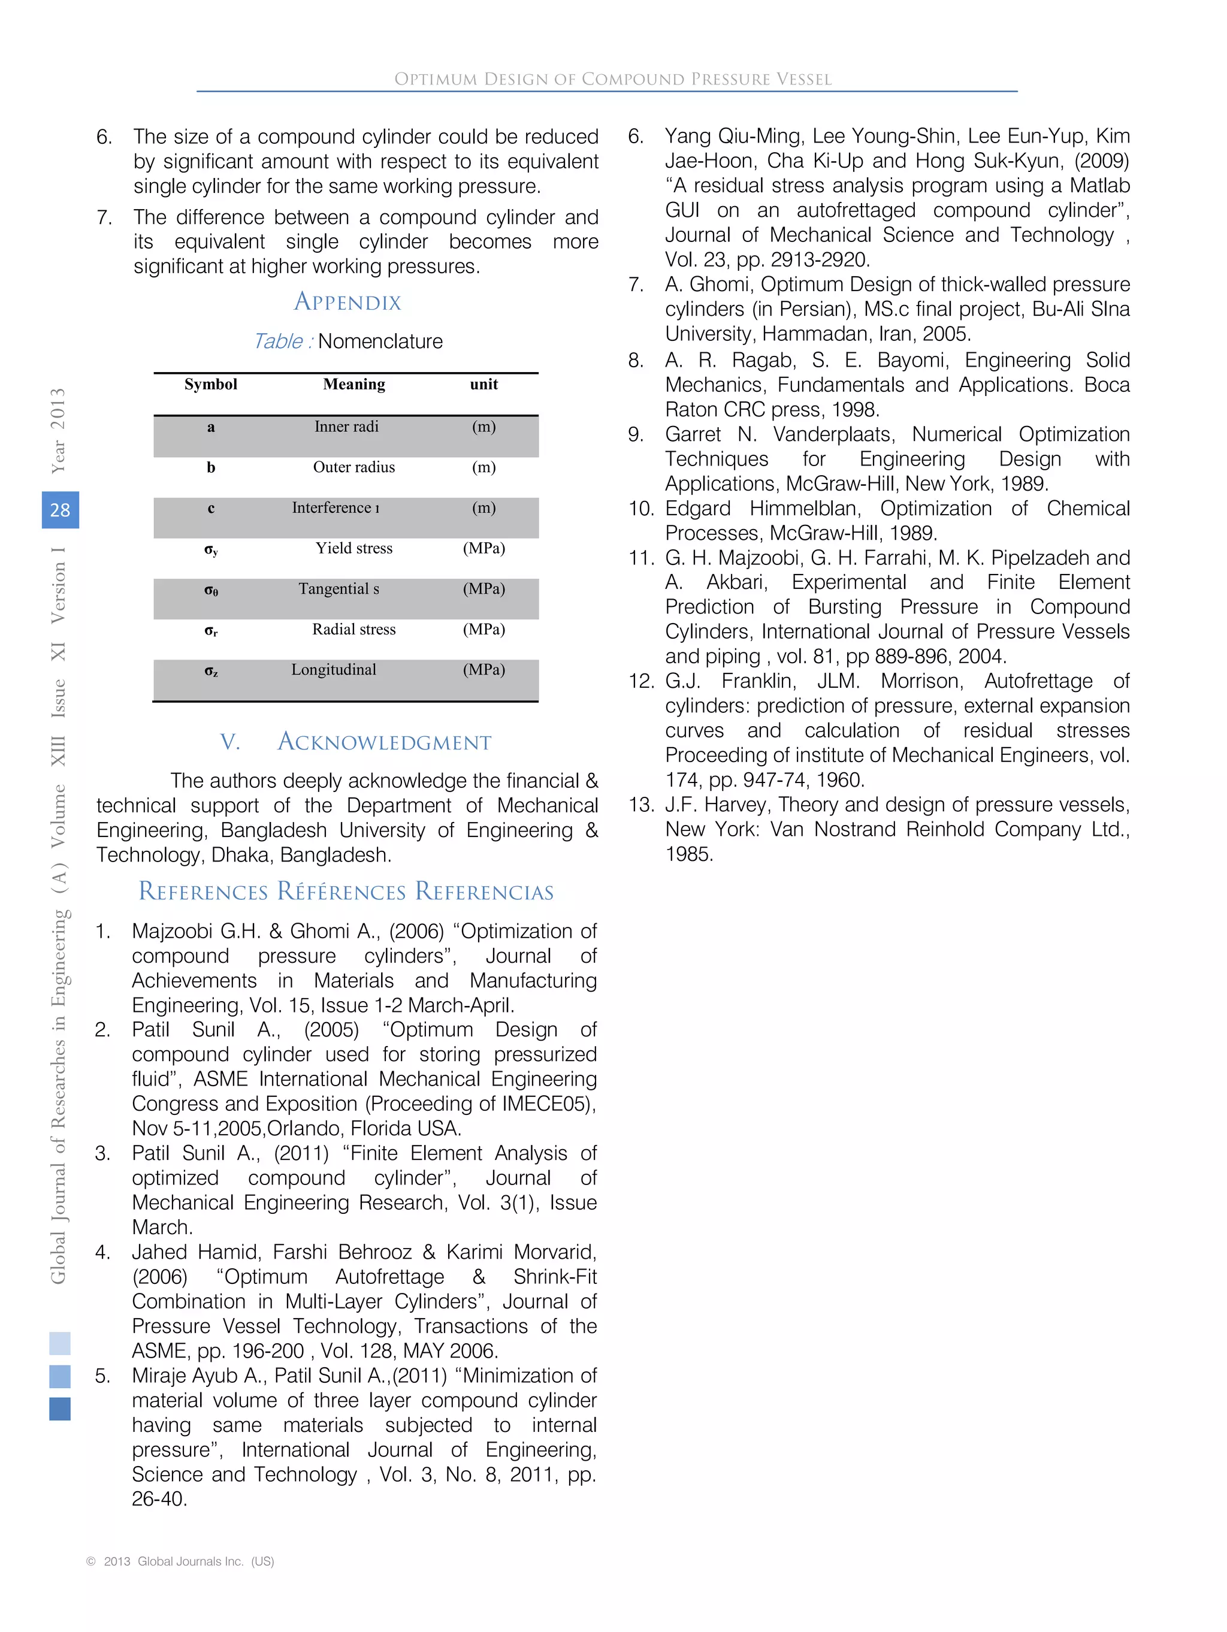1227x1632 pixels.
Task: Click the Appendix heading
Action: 347,302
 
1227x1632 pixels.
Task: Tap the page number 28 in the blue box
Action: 60,510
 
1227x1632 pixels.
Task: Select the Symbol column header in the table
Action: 211,385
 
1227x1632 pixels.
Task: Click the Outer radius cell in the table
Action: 353,467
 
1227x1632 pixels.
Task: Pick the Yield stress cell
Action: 353,548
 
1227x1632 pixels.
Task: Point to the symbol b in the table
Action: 211,468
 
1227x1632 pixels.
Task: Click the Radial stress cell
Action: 353,629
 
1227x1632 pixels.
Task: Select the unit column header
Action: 484,385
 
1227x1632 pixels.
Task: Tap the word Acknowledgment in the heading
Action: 385,742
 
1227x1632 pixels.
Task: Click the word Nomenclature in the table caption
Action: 380,341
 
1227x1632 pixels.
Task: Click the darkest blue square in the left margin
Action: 60,1409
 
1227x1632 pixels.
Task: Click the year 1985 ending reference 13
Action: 689,854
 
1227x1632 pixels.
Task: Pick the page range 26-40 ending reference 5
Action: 159,1499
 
